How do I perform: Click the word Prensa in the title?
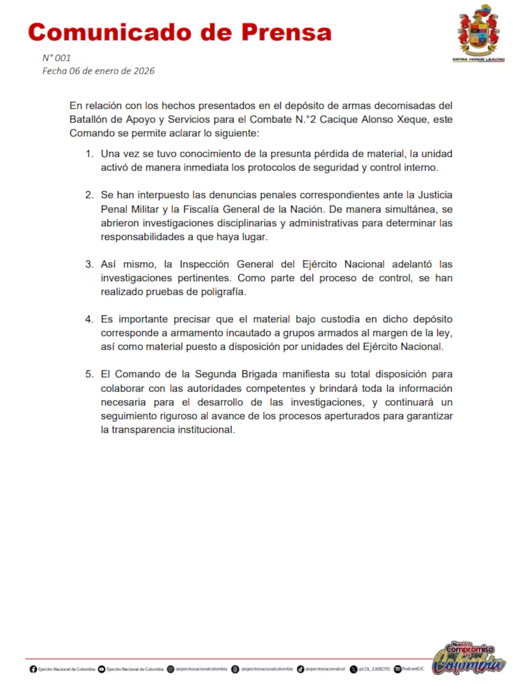[287, 33]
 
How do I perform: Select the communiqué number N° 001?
[56, 58]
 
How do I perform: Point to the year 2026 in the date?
[144, 71]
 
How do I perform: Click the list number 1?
[89, 154]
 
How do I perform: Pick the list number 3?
[89, 264]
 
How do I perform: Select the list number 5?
[89, 374]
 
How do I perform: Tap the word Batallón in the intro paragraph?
[88, 119]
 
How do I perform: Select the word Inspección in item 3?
[204, 264]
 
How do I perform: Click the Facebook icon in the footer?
[33, 669]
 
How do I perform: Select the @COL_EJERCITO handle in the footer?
[374, 669]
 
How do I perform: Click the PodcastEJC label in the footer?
[413, 669]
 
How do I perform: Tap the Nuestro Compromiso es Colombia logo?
[469, 658]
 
